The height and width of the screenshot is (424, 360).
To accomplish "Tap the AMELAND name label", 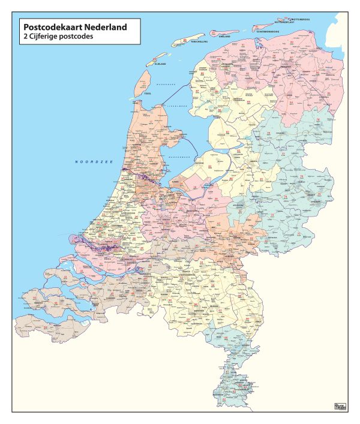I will (x=224, y=37).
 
